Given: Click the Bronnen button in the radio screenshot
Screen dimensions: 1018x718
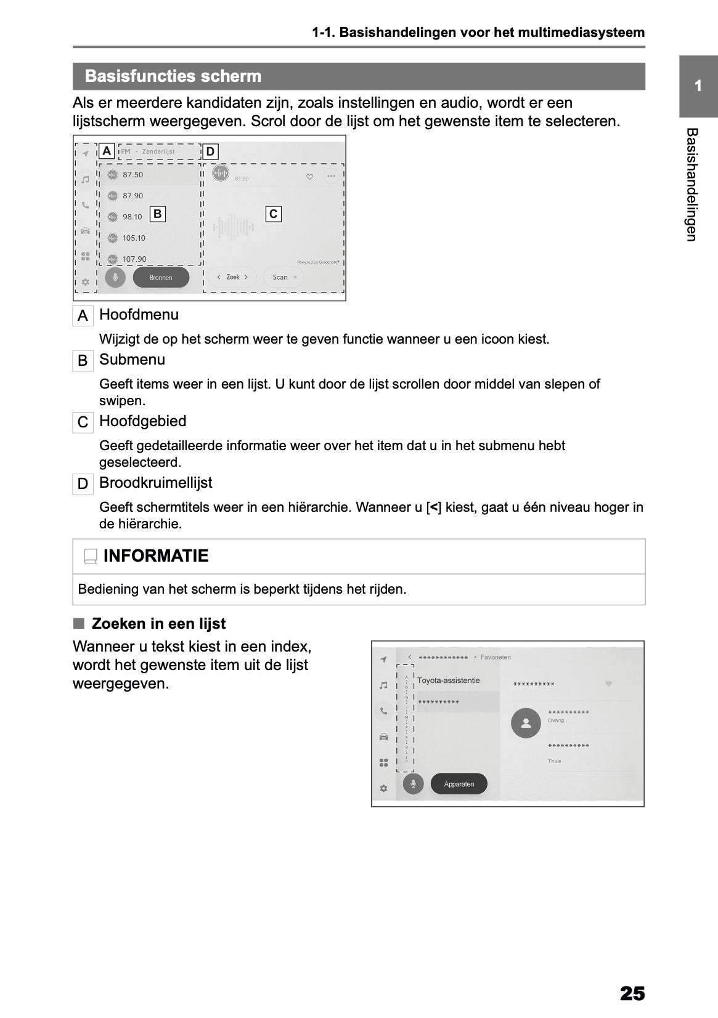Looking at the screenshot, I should point(161,277).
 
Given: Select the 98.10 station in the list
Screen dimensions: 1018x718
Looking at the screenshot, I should point(132,217).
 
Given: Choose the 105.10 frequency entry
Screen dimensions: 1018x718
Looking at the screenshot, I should point(134,238).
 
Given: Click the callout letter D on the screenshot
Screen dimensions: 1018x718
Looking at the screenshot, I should point(210,151).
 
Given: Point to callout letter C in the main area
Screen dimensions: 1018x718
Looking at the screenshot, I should point(273,214).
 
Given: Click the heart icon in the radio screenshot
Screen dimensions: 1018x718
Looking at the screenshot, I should point(309,177).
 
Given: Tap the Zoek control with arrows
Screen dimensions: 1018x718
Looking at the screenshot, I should point(232,277).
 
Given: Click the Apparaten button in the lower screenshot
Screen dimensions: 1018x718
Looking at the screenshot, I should point(459,784).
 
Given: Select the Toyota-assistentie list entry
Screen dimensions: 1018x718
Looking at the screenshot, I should point(448,681).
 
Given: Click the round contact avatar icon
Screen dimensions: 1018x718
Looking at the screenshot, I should point(526,724).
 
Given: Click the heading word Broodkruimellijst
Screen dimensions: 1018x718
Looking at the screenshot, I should point(155,483).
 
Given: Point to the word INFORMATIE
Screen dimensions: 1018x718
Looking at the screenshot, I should point(156,555).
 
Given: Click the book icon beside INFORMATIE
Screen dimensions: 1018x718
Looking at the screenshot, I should point(91,556).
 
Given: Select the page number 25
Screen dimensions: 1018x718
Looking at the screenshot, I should point(632,993).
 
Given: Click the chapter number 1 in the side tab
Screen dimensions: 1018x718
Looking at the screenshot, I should point(698,86).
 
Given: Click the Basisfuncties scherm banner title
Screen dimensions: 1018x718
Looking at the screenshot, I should point(173,76).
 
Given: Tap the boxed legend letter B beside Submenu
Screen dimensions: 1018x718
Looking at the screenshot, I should point(83,360).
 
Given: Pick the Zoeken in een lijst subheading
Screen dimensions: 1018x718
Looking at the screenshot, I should point(158,624).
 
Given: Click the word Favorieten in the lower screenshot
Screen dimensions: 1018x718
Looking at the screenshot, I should point(496,657).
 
